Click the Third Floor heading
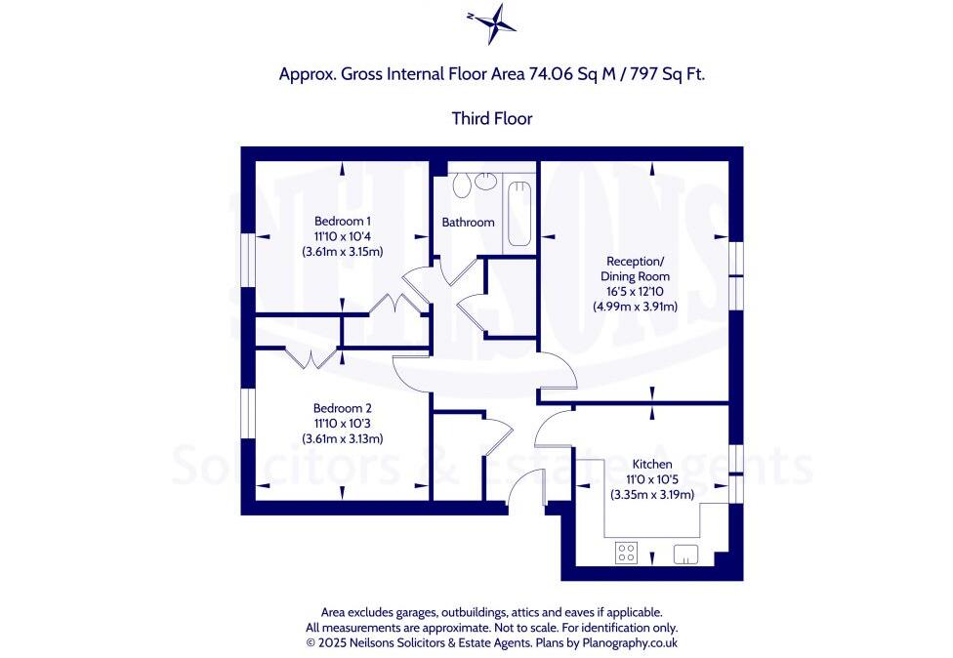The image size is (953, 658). coord(491,118)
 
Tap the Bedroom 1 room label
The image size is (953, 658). coord(342,221)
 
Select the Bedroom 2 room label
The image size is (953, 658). coord(342,408)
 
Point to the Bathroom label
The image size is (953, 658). coord(468,223)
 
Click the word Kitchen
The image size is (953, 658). coord(651,464)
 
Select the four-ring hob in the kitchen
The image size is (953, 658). coord(626,554)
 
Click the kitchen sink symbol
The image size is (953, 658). coord(686,554)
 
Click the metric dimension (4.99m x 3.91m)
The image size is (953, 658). coord(635,306)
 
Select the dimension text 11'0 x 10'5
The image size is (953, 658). coord(651,479)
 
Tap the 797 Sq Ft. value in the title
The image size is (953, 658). coord(663,74)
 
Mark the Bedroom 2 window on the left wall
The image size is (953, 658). coord(249,414)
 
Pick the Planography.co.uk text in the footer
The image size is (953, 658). coord(624,643)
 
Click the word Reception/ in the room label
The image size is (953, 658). coord(635,262)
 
